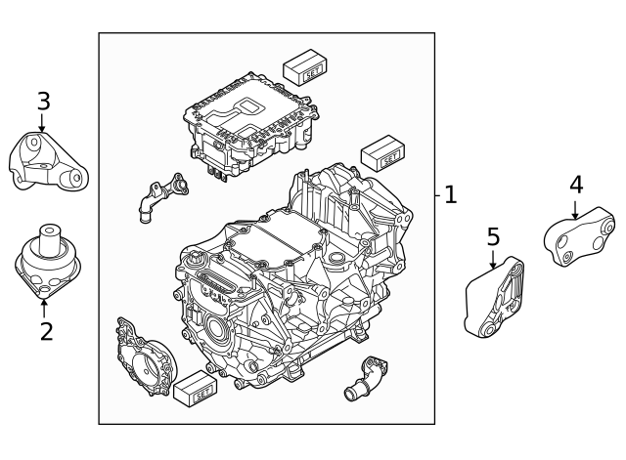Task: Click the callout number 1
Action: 450,195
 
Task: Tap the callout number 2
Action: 46,331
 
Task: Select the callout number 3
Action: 43,101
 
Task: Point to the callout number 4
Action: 576,184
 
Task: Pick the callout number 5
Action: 493,235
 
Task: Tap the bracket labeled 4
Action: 580,240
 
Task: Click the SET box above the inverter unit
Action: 305,67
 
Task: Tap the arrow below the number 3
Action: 42,124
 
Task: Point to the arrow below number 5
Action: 493,258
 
